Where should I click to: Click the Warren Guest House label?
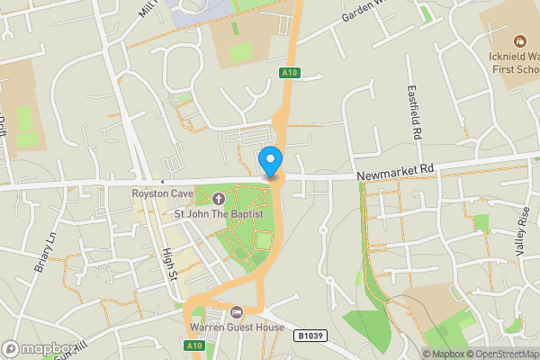click(x=237, y=328)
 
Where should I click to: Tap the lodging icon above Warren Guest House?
click(x=236, y=312)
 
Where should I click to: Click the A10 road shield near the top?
click(x=288, y=74)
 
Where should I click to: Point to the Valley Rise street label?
click(x=522, y=233)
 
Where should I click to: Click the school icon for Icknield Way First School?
click(x=519, y=41)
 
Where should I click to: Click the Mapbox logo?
click(x=38, y=348)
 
